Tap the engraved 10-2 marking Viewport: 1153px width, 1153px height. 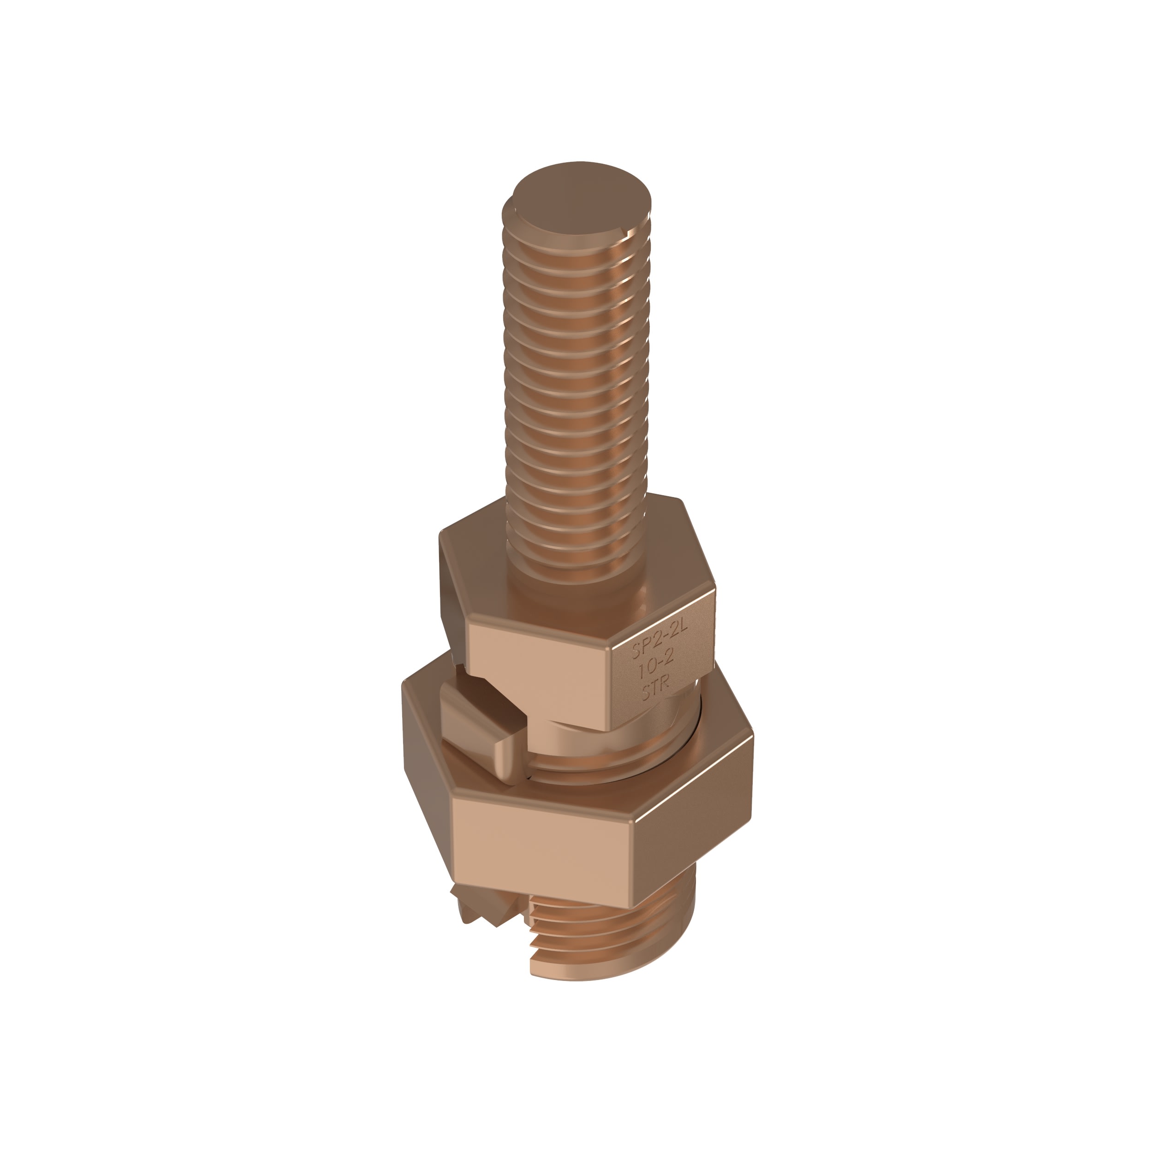[656, 671]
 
